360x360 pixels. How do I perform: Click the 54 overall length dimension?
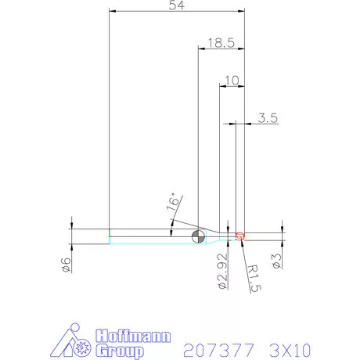176,6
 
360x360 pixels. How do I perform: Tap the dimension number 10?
231,80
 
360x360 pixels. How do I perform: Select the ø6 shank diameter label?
67,265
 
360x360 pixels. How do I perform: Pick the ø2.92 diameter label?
221,270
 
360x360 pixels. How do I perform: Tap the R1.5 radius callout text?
253,276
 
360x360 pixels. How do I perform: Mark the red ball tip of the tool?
240,235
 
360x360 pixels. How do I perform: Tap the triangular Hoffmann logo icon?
76,342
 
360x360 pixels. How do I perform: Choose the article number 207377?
214,347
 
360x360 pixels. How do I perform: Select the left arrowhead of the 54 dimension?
113,13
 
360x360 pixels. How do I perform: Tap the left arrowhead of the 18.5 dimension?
200,49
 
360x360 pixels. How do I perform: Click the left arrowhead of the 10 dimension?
221,87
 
